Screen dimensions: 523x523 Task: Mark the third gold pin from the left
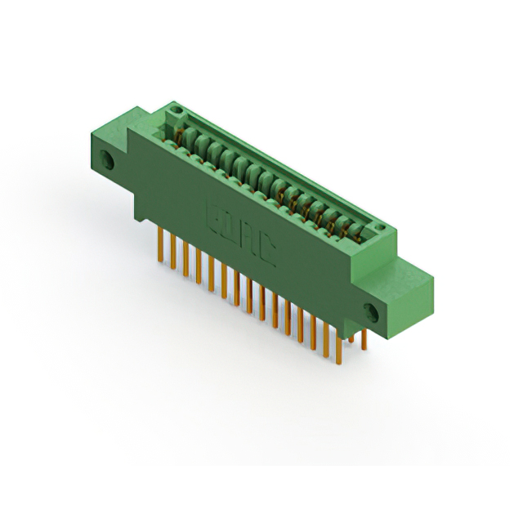(186, 258)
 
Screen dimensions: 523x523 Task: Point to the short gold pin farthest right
(364, 340)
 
